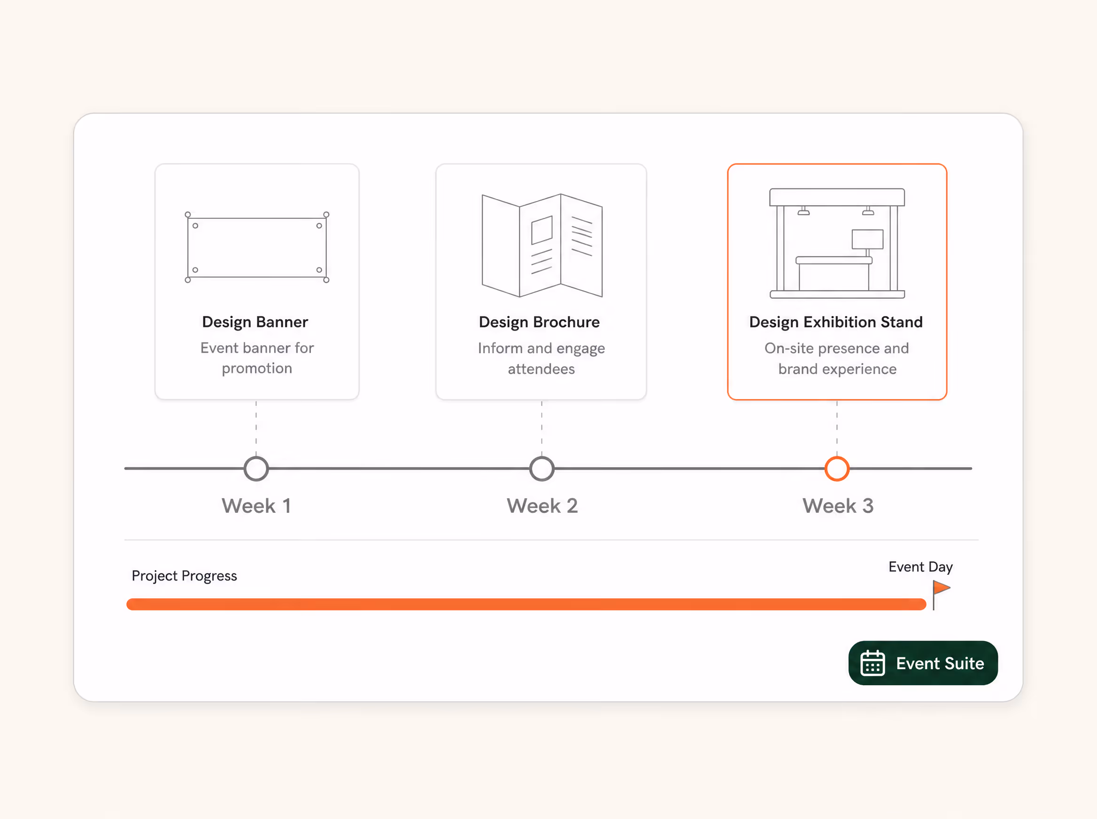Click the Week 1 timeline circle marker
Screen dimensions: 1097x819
coord(256,457)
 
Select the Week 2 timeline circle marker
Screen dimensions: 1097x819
coord(542,457)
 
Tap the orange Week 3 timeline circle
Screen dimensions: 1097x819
coord(837,457)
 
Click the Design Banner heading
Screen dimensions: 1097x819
coord(255,322)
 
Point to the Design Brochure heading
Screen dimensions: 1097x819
coord(539,322)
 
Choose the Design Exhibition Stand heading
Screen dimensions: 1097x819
coord(836,322)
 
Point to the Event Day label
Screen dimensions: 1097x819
coord(920,567)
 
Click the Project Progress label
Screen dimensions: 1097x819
coord(185,576)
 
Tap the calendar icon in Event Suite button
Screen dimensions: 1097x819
coord(873,663)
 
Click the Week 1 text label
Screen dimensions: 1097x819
coord(256,506)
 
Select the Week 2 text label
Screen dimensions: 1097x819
coord(542,506)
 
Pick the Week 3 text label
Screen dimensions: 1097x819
coord(838,506)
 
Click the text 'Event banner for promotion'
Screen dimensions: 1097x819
coord(257,358)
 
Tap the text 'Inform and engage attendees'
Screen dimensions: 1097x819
coord(541,358)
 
